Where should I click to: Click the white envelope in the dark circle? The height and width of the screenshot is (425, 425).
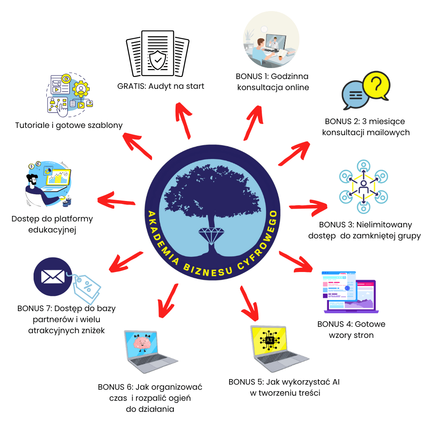53,277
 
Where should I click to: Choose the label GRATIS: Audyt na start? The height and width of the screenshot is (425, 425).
161,86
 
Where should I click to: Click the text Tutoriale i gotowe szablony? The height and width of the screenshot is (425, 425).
69,125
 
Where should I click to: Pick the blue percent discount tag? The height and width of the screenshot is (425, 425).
87,288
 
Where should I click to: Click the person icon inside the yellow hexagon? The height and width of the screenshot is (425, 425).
363,187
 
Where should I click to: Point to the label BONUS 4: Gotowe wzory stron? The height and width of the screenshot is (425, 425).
351,329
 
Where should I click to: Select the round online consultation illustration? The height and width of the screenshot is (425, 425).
271,42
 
